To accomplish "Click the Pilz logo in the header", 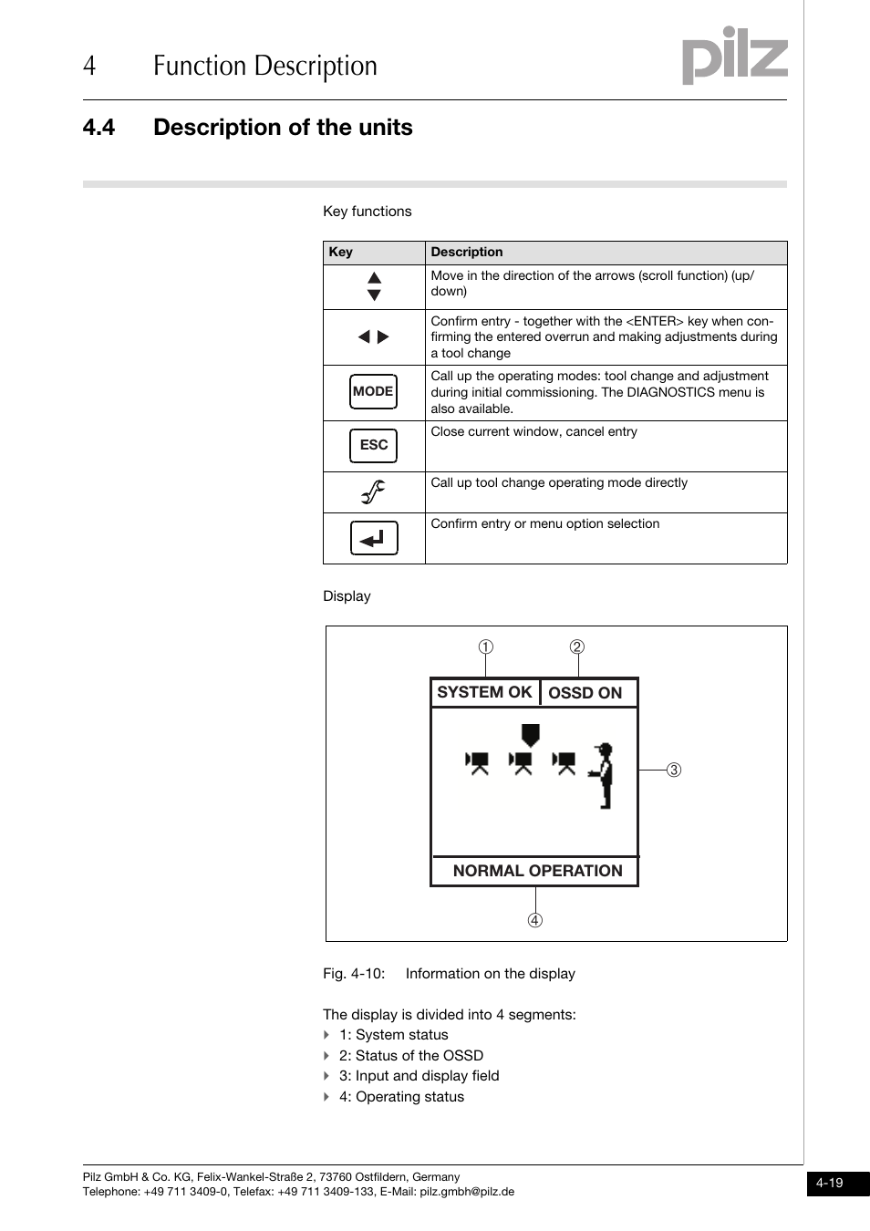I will [x=734, y=56].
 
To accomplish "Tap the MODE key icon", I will [x=373, y=392].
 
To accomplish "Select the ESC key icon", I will [x=374, y=445].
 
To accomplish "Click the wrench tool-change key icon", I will [x=373, y=492].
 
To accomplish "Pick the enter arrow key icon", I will [x=374, y=538].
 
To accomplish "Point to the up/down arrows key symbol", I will [x=374, y=286].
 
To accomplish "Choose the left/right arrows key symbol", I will [x=374, y=337].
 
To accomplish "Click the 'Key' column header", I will [x=341, y=253].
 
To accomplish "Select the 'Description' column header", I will [x=467, y=253].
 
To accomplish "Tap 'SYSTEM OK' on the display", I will [x=484, y=692].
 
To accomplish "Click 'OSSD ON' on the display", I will [x=585, y=693].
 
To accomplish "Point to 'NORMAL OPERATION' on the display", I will [x=537, y=871].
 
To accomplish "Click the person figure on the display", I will [x=603, y=775].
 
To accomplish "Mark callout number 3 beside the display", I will [x=674, y=770].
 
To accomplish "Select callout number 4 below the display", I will [x=535, y=920].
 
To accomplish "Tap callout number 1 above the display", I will [x=486, y=647].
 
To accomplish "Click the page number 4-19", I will [x=830, y=1183].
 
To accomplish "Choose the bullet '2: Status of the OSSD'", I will [x=410, y=1056].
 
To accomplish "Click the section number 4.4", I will [x=98, y=128].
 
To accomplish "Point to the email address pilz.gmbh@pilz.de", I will [x=467, y=1192].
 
